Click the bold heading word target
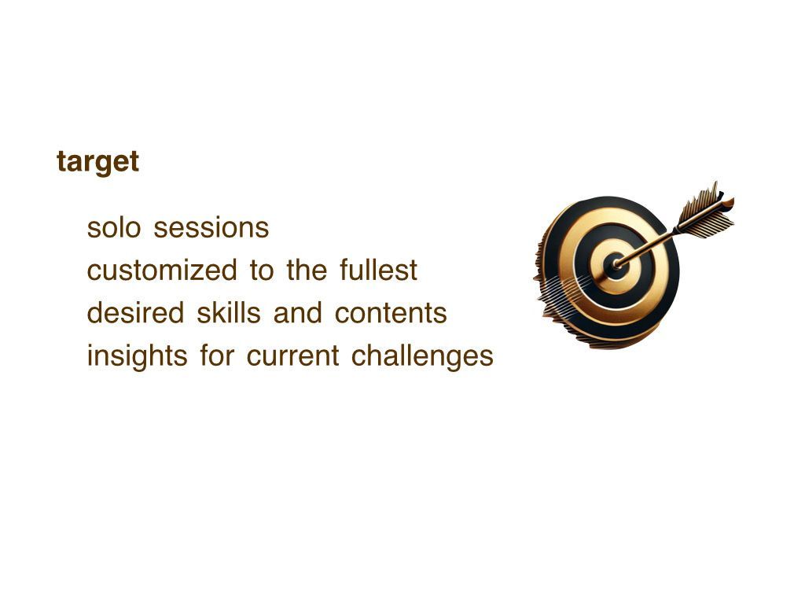pyautogui.click(x=97, y=162)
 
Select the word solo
pyautogui.click(x=113, y=227)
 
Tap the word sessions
pyautogui.click(x=211, y=227)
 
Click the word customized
pyautogui.click(x=162, y=271)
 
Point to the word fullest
pyautogui.click(x=378, y=271)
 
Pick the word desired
pyautogui.click(x=135, y=313)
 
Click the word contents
pyautogui.click(x=391, y=313)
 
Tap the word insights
pyautogui.click(x=137, y=356)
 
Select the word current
pyautogui.click(x=292, y=356)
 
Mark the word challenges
pyautogui.click(x=422, y=356)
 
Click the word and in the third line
pyautogui.click(x=298, y=313)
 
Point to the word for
pyautogui.click(x=217, y=356)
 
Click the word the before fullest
pyautogui.click(x=307, y=271)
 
